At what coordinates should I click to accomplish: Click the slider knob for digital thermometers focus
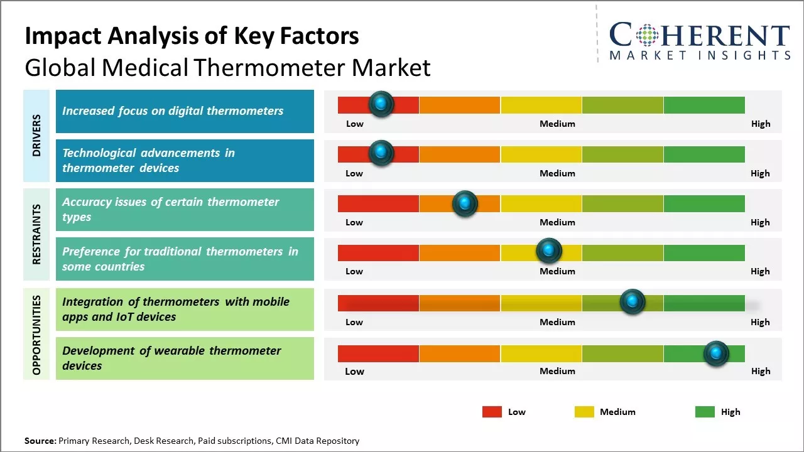click(381, 104)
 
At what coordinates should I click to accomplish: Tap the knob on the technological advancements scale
click(381, 153)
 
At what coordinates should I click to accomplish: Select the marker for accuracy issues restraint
click(465, 203)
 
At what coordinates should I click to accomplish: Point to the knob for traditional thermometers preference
click(549, 251)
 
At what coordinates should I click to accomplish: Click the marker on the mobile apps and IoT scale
click(633, 302)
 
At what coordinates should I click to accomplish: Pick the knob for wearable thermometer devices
click(716, 353)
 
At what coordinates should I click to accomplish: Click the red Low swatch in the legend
click(492, 412)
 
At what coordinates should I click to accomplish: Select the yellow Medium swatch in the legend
click(584, 412)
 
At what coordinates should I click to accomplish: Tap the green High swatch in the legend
click(705, 412)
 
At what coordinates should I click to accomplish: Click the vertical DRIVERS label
click(36, 135)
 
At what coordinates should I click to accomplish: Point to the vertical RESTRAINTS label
click(36, 234)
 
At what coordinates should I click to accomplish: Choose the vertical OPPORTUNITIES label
click(36, 335)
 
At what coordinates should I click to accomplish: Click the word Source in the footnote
click(40, 441)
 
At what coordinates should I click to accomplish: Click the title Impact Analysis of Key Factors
click(192, 36)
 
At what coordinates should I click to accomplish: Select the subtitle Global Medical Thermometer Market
click(227, 67)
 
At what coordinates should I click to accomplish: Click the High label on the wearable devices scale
click(760, 371)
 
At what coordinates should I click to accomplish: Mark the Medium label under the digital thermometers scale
click(557, 124)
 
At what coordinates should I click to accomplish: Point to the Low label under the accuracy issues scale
click(354, 222)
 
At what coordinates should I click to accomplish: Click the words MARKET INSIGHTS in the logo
click(700, 55)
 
